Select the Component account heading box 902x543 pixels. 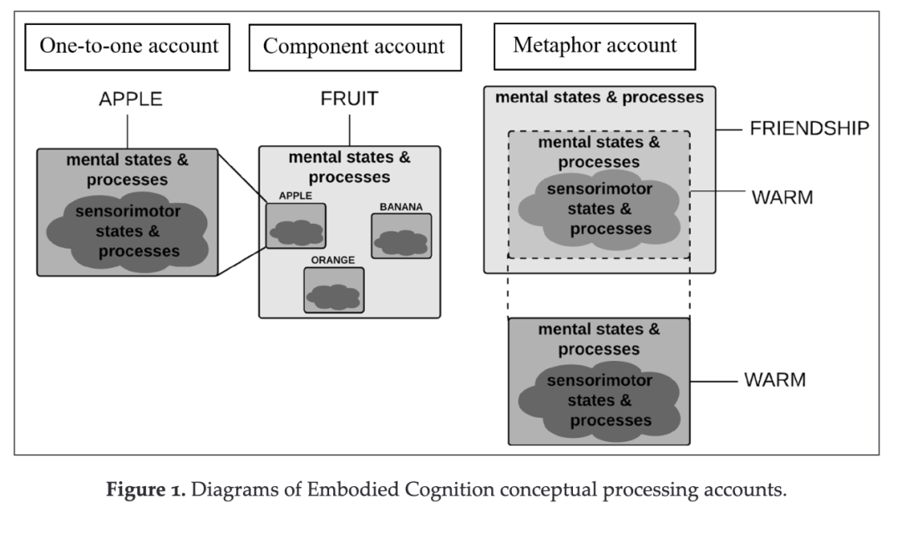coord(354,47)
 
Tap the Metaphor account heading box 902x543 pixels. coord(595,45)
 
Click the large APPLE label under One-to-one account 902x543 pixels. coord(130,99)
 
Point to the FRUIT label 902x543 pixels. coord(349,99)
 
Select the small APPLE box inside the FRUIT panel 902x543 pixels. coord(296,226)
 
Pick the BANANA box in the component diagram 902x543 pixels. coord(401,236)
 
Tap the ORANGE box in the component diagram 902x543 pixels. coord(333,290)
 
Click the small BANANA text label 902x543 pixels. coord(402,206)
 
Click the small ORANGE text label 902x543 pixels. coord(333,260)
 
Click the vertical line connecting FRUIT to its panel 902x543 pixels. coord(349,129)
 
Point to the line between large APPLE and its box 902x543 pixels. coord(127,131)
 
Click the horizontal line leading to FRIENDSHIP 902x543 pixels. coord(732,129)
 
